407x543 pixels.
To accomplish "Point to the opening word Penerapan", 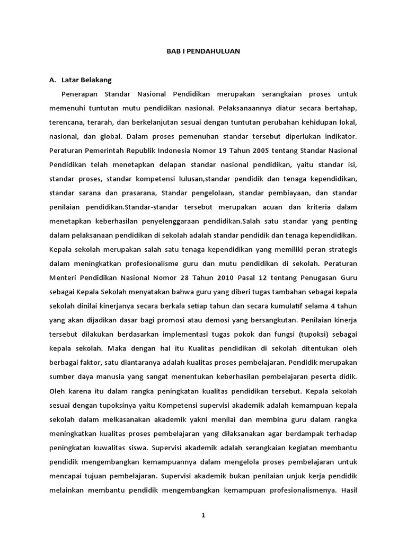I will (x=79, y=94).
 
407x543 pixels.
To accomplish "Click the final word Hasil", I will (x=349, y=489).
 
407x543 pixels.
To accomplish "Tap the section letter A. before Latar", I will (x=52, y=81).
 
